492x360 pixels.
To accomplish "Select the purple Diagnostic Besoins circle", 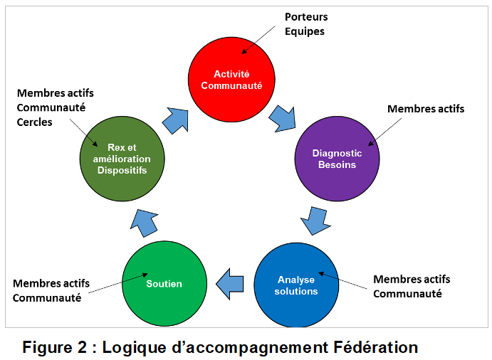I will (337, 159).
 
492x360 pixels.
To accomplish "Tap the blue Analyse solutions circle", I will (297, 285).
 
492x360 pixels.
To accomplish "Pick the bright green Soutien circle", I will (164, 283).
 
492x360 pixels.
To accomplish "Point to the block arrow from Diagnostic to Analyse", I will (315, 220).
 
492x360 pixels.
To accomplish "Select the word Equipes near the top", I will (304, 32).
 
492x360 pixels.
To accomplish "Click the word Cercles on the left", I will (34, 122).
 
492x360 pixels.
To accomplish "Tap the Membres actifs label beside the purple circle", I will (426, 109).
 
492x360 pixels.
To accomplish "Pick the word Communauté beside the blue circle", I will (407, 294).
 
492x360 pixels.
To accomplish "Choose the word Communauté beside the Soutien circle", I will (47, 298).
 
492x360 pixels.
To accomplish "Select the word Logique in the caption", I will (133, 348).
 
